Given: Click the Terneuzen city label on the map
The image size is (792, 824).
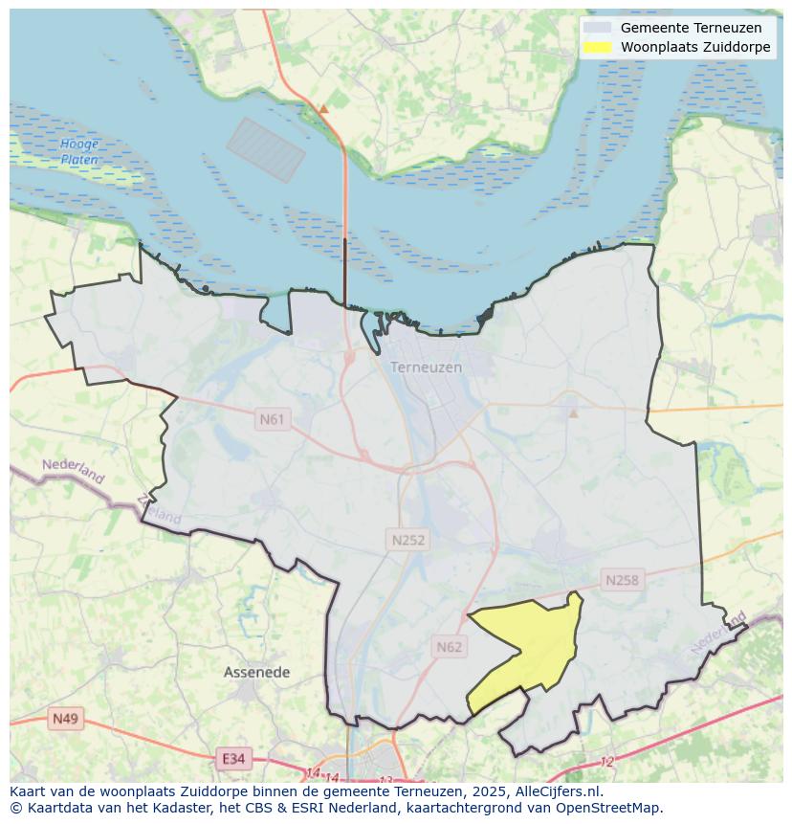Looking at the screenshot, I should tap(426, 367).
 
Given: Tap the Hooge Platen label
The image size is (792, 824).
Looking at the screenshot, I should tap(79, 152).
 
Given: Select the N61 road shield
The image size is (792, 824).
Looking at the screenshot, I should tap(273, 419).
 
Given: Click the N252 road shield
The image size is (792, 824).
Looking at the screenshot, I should tap(408, 540).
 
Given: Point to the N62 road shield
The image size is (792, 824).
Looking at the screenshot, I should tap(449, 647).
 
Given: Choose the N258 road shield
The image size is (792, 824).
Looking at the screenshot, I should tap(622, 580).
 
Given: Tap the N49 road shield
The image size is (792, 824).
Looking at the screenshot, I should tap(66, 719).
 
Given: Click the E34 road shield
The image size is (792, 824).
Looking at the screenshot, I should tap(232, 759).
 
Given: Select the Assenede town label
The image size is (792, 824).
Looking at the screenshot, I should tap(256, 673).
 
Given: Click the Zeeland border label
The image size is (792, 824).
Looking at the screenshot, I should tap(159, 508).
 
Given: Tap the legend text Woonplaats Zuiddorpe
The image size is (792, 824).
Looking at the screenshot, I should tap(694, 47).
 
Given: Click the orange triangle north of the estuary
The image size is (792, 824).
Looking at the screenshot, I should tap(323, 109).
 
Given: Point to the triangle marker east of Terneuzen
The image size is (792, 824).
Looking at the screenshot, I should tap(573, 413).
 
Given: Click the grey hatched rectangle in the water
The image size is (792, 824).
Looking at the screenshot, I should tap(265, 149).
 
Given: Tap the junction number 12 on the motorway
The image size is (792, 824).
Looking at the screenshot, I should tap(606, 762).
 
